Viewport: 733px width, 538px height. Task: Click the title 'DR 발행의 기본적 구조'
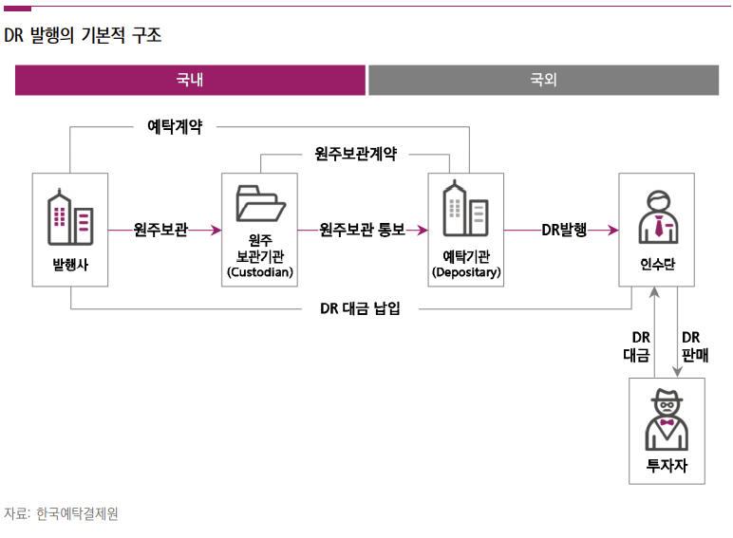(x=83, y=37)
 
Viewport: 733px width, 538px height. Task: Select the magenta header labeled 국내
(x=190, y=81)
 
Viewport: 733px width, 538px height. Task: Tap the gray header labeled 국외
(x=543, y=81)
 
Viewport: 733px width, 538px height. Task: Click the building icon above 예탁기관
(x=465, y=210)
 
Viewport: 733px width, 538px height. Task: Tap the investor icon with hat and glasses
(x=667, y=420)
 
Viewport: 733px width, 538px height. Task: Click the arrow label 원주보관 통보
(x=362, y=230)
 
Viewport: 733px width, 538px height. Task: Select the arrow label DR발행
(x=564, y=230)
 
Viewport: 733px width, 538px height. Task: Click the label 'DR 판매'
(x=694, y=346)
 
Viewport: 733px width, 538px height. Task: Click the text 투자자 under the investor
(x=667, y=465)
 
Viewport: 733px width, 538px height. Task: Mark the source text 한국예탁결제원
(x=77, y=513)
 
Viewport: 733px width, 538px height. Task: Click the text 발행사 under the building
(x=71, y=266)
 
